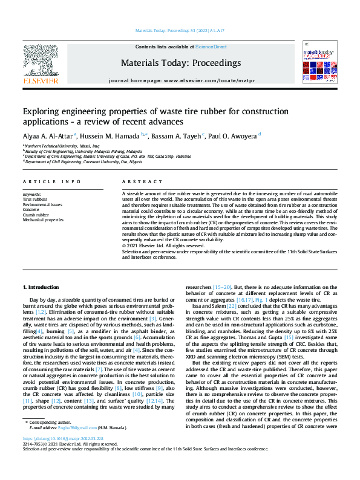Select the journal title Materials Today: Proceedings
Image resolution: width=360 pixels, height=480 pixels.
[x=181, y=63]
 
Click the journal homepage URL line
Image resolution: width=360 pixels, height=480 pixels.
[x=181, y=80]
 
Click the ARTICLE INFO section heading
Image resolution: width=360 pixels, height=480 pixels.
[x=51, y=182]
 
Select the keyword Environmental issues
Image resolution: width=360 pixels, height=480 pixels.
[x=42, y=204]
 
